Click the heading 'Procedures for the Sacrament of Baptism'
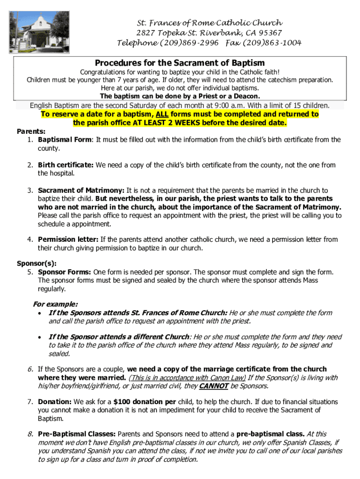pos(180,63)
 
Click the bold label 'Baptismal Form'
pos(65,139)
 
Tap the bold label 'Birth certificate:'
pos(66,165)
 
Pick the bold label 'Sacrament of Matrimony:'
pos(81,190)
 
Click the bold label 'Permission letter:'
pos(68,239)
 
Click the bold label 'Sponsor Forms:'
pos(65,272)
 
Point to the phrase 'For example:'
pos(55,304)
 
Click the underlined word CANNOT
pos(214,386)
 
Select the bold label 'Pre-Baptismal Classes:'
pos(77,434)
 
